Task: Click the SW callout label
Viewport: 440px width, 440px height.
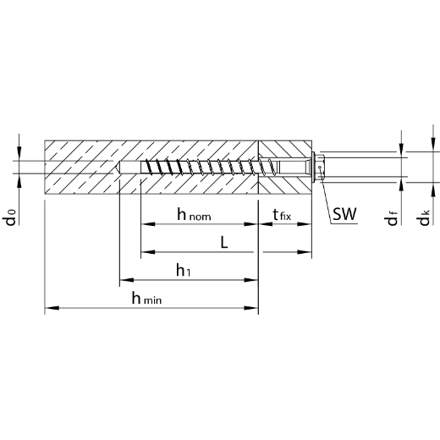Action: (344, 214)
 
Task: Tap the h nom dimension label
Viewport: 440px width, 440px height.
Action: (194, 214)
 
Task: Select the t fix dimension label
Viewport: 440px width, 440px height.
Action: (282, 215)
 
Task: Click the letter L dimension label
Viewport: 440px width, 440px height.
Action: (224, 242)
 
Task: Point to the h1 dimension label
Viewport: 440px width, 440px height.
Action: (184, 270)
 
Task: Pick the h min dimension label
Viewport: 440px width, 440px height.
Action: (146, 298)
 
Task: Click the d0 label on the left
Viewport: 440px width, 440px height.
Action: (10, 217)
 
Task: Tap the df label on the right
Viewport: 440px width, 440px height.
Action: (392, 218)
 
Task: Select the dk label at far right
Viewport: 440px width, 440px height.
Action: (424, 217)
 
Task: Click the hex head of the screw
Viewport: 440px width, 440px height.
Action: (320, 168)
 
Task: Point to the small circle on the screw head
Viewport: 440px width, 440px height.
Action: (320, 168)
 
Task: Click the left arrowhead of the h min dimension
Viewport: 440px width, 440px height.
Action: (52, 308)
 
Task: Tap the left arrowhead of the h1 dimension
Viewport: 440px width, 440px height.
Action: (127, 280)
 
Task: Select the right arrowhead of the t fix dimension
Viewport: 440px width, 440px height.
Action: (305, 224)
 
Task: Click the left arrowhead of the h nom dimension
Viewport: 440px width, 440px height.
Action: (148, 224)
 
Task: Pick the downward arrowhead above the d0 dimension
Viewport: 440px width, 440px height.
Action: (19, 154)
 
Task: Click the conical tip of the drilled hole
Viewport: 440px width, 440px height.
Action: (116, 168)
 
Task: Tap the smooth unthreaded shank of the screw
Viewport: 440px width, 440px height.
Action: (294, 168)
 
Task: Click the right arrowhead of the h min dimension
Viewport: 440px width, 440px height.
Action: (251, 308)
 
